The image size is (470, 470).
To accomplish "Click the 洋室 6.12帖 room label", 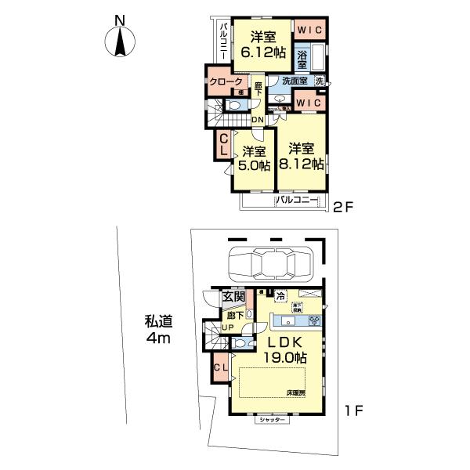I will [263, 45].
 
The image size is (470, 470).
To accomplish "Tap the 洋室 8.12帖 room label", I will [303, 156].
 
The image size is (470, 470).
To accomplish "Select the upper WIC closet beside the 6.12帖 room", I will [312, 29].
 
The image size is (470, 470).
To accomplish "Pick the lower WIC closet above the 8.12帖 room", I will [311, 101].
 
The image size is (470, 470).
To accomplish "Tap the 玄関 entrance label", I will [233, 297].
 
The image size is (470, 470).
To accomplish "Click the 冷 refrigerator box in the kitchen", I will [280, 295].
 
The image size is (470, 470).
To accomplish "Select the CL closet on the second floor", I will [223, 146].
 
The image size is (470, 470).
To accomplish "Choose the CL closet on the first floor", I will [220, 367].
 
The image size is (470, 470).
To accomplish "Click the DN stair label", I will [258, 119].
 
